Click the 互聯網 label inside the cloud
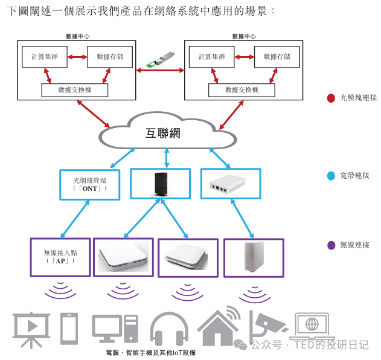click(x=162, y=133)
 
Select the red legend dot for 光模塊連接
click(x=330, y=98)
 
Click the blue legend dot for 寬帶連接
click(x=330, y=176)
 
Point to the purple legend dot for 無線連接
click(x=330, y=245)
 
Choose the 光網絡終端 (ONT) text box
click(x=89, y=184)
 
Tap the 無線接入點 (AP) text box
click(x=60, y=257)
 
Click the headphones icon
click(x=170, y=329)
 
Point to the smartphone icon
click(x=69, y=329)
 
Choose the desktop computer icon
click(x=115, y=329)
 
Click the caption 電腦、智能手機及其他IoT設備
click(x=151, y=353)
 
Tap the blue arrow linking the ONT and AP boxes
click(x=75, y=219)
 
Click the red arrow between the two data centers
click(x=161, y=71)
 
